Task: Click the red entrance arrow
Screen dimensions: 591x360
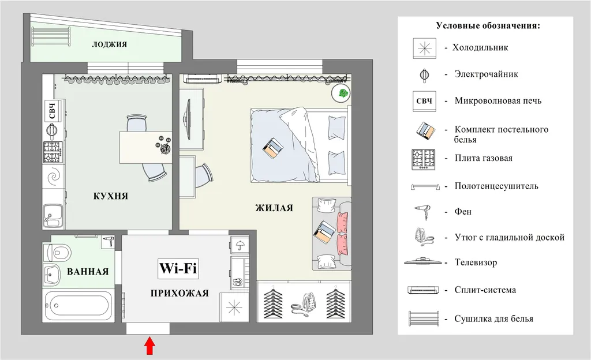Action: [150, 346]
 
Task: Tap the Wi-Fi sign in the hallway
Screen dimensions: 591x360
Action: [178, 268]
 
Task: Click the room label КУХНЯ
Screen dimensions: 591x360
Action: [110, 196]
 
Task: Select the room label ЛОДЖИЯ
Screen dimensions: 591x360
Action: [109, 44]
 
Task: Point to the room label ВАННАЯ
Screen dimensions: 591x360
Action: [88, 272]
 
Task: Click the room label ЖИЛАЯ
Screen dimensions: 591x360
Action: [274, 208]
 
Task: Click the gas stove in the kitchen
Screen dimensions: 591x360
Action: [53, 152]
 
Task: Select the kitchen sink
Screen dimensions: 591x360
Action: [53, 216]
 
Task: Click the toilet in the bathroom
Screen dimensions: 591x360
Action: [57, 252]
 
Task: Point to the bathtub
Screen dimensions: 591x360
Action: [78, 305]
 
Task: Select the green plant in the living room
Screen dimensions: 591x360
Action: [342, 93]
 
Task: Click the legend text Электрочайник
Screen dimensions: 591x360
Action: [486, 74]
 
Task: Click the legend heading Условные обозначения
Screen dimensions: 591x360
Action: [488, 26]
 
